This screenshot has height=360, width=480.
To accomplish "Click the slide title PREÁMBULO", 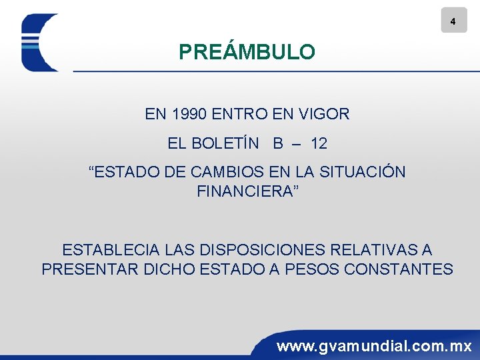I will tap(247, 52).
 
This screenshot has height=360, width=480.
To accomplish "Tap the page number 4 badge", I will tap(453, 21).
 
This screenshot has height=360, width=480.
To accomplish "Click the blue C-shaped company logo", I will tap(39, 43).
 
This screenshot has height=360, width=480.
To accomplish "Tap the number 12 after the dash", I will tap(319, 143).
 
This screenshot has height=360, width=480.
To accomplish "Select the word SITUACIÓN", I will tap(363, 172).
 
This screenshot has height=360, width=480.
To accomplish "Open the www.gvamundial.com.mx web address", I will tap(374, 346).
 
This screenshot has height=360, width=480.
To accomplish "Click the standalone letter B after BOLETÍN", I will tap(277, 143).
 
